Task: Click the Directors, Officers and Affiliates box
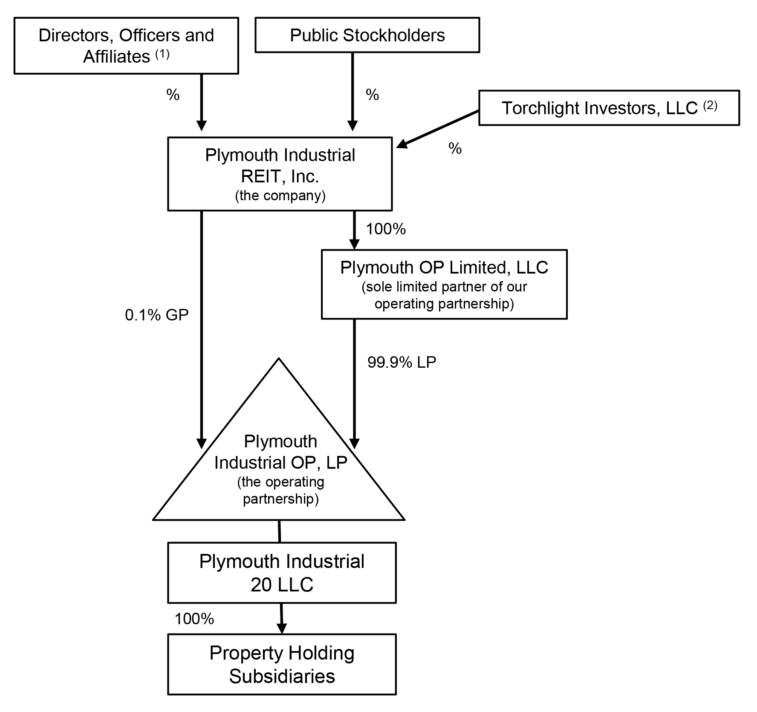[x=126, y=46]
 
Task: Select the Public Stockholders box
[x=367, y=35]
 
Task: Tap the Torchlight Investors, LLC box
[x=609, y=108]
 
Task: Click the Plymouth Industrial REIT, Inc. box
[x=280, y=173]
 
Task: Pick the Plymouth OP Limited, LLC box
[x=444, y=284]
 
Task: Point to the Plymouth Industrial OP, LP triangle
[x=279, y=469]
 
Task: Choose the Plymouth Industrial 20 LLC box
[x=282, y=572]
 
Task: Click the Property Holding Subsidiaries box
[x=282, y=664]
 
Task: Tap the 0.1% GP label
[x=156, y=315]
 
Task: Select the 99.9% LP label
[x=402, y=362]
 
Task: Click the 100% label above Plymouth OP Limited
[x=386, y=229]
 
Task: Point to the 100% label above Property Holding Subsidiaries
[x=194, y=619]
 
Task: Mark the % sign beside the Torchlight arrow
[x=455, y=148]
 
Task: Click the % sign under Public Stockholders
[x=372, y=95]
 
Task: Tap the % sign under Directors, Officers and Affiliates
[x=173, y=95]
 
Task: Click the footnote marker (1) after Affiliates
[x=162, y=55]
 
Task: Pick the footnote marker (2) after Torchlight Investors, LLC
[x=710, y=106]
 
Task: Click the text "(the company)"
[x=280, y=196]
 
